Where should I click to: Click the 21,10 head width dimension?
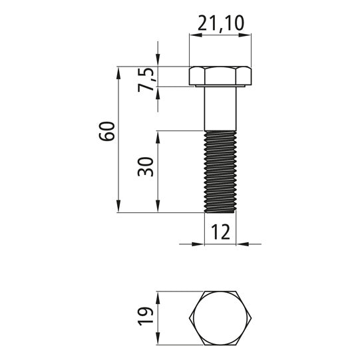tap(221, 24)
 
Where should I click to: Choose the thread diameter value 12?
tap(220, 232)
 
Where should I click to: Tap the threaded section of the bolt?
tap(220, 171)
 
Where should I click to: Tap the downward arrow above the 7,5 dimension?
tap(158, 61)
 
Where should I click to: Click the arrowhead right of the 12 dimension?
tap(242, 244)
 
